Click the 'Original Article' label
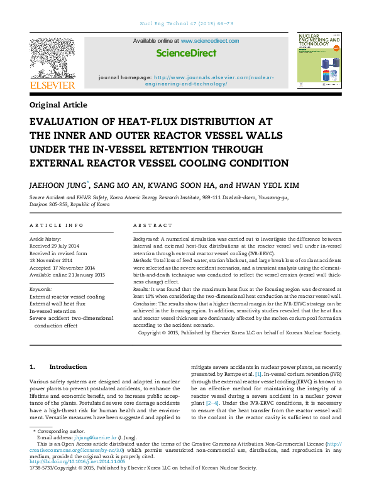point(58,105)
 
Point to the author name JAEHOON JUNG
point(58,185)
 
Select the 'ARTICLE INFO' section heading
point(57,225)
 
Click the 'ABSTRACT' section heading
point(153,225)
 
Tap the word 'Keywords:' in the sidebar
point(41,290)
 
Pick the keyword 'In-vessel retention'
point(52,310)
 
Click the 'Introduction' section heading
point(68,366)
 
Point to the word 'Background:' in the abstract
point(146,239)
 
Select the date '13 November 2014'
point(52,260)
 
